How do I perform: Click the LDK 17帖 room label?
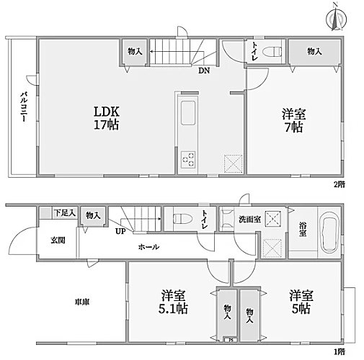(x=105, y=118)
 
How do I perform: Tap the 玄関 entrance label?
(x=58, y=240)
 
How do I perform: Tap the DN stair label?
(x=204, y=71)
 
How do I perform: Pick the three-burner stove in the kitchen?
(x=190, y=159)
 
